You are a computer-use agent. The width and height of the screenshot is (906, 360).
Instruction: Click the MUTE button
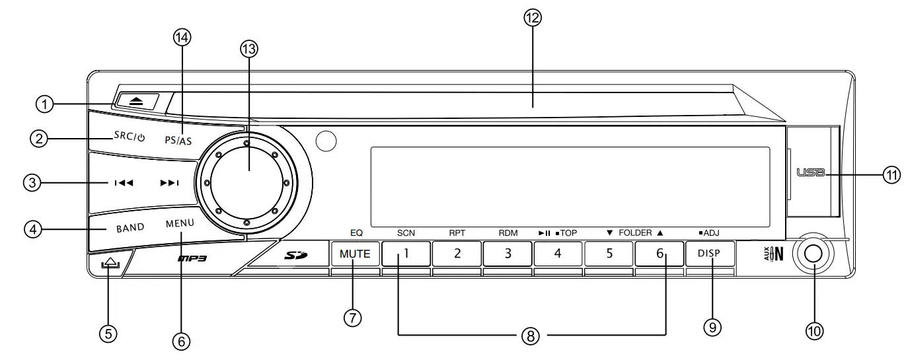355,254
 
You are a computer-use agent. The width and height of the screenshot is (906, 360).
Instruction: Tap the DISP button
710,254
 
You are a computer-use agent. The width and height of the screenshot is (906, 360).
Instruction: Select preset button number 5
609,254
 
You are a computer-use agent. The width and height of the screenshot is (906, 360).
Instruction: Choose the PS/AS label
178,141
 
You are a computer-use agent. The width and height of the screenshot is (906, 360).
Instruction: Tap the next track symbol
169,184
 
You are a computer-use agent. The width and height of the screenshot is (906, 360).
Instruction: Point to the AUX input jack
813,254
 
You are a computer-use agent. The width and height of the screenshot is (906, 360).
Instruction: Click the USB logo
811,173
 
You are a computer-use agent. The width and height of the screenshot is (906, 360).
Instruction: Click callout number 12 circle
531,18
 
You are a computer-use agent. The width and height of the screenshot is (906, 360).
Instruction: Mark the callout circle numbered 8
531,335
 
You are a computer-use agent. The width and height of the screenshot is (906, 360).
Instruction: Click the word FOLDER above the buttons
634,233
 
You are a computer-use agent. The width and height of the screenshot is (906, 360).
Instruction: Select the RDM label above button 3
508,233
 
